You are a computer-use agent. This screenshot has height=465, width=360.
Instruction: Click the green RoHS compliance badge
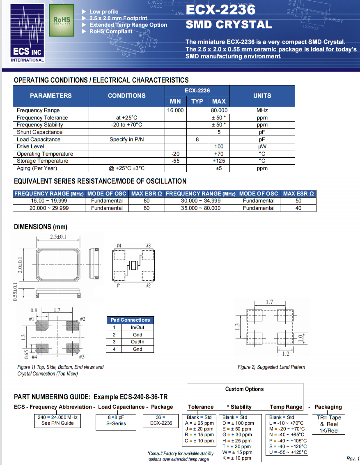(x=62, y=20)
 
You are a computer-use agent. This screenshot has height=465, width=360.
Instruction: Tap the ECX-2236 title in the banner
(x=220, y=9)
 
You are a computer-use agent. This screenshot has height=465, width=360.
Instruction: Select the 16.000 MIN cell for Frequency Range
(x=175, y=110)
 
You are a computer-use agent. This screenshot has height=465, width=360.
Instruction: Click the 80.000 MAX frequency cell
(x=219, y=110)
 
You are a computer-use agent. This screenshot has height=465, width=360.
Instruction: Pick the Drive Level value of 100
(x=219, y=147)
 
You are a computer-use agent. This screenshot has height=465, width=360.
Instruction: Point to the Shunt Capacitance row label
(x=40, y=132)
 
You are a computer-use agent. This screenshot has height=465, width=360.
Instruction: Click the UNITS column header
(x=262, y=96)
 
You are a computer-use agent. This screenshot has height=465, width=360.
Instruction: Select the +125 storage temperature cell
(x=219, y=161)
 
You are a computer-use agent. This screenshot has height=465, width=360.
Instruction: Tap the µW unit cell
(x=262, y=147)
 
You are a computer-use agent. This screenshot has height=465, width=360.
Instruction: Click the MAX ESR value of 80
(x=147, y=201)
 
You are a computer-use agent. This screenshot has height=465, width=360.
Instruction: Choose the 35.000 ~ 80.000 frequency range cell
(x=201, y=208)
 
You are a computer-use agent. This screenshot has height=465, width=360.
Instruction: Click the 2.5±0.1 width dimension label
(x=58, y=237)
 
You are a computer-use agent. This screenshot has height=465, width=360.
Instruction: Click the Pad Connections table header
(x=130, y=320)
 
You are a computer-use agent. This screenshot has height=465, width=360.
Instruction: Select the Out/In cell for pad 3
(x=138, y=342)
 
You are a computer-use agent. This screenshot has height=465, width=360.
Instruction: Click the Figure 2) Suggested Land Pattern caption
(x=271, y=367)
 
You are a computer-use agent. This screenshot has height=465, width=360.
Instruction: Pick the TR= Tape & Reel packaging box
(x=329, y=424)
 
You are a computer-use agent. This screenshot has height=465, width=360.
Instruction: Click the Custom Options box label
(x=245, y=389)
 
